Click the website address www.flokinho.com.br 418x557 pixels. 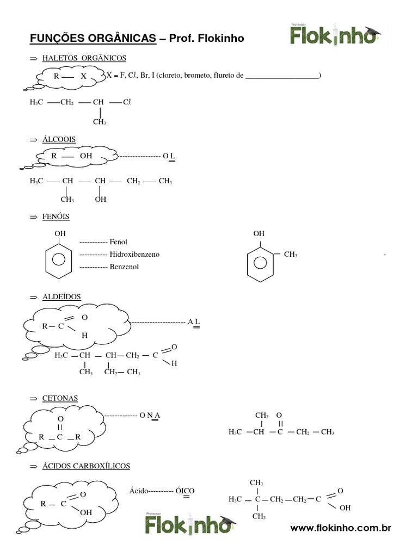pos(341,528)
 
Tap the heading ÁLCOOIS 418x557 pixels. pos(59,140)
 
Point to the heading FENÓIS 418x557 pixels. pos(56,216)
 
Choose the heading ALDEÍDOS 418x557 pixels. pos(62,296)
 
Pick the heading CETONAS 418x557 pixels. pos(60,398)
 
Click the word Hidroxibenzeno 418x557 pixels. pos(134,254)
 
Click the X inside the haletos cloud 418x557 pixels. pos(83,77)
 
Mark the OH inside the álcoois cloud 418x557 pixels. pos(86,156)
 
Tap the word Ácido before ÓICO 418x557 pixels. pos(139,490)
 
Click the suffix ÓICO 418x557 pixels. pos(185,490)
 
